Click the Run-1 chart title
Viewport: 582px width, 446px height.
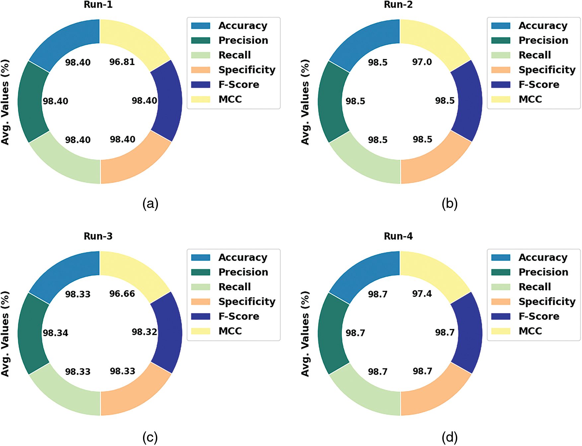click(98, 5)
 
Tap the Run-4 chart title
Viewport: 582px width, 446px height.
click(398, 236)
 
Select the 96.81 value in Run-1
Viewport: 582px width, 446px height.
click(122, 62)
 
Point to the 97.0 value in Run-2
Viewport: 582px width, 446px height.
click(422, 62)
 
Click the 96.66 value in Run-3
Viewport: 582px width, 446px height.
click(122, 294)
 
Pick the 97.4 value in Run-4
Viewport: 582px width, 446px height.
click(422, 294)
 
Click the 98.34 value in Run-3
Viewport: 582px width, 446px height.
click(55, 333)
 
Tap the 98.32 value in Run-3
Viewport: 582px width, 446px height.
click(144, 332)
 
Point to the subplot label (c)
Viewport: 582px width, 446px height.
click(150, 438)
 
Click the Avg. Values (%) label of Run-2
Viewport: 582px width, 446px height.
click(305, 102)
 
